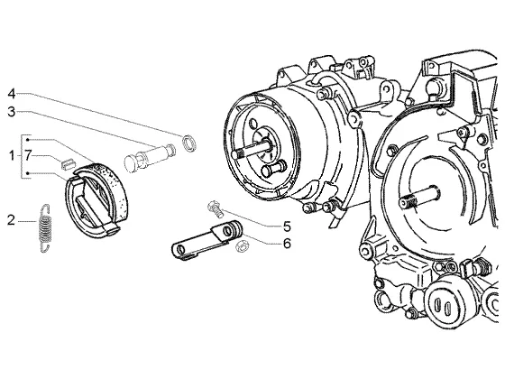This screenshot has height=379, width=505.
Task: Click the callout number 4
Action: click(x=12, y=95)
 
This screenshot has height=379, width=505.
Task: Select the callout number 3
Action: click(x=12, y=112)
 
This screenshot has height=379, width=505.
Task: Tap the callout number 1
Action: click(x=12, y=156)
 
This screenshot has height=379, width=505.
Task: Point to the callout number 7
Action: click(x=28, y=156)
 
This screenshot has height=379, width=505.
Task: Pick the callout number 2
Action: click(x=11, y=221)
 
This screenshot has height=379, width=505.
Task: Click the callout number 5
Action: click(x=287, y=226)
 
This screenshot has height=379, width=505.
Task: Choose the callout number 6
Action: click(x=287, y=244)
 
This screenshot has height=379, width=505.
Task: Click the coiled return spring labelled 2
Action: click(x=45, y=228)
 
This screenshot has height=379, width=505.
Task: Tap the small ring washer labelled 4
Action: click(x=189, y=143)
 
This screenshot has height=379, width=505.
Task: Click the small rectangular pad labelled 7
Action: click(x=68, y=163)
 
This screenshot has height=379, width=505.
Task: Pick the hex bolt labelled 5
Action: click(x=216, y=208)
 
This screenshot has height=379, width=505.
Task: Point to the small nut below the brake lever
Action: click(x=240, y=246)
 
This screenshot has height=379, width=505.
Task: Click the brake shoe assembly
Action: click(x=96, y=200)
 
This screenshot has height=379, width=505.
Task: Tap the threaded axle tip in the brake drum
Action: click(x=239, y=153)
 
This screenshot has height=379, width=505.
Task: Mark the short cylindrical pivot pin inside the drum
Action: click(x=273, y=168)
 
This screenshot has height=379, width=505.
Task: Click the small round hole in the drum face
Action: click(x=253, y=124)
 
